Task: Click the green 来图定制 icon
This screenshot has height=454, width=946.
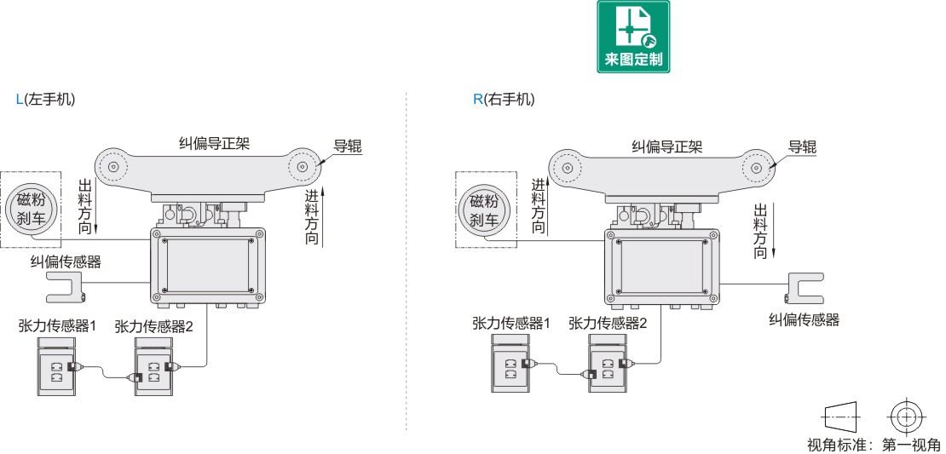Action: (x=632, y=37)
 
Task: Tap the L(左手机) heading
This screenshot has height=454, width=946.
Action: (x=45, y=99)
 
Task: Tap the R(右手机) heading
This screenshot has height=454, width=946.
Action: (x=504, y=99)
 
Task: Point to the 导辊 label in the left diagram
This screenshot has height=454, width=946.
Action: (x=347, y=146)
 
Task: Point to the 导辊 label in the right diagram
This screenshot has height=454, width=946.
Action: (x=802, y=147)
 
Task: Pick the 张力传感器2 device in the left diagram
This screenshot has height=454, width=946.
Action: (x=153, y=369)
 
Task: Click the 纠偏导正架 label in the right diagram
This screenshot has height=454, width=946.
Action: (x=667, y=147)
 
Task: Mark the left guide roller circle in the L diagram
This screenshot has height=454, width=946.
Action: (x=112, y=167)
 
